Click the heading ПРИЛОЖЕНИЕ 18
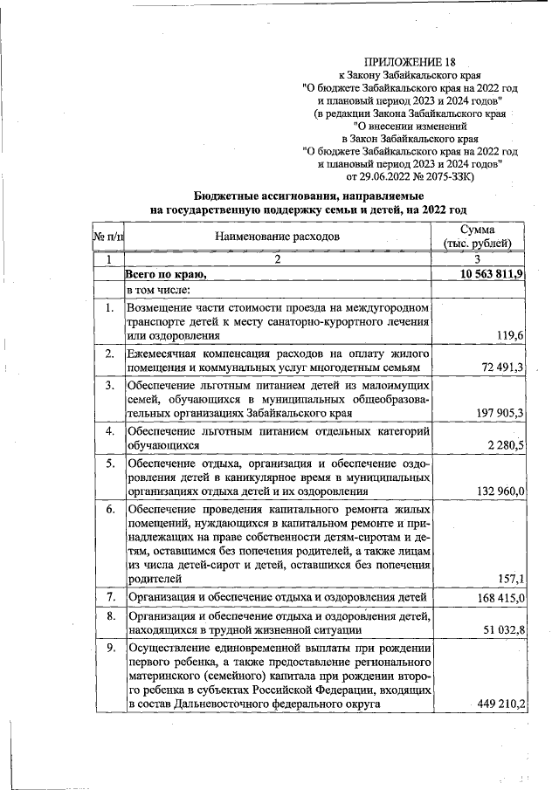pos(409,62)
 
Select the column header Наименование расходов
pos(279,236)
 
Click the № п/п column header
pos(108,236)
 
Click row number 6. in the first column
pos(109,509)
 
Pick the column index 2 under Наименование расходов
pos(278,259)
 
